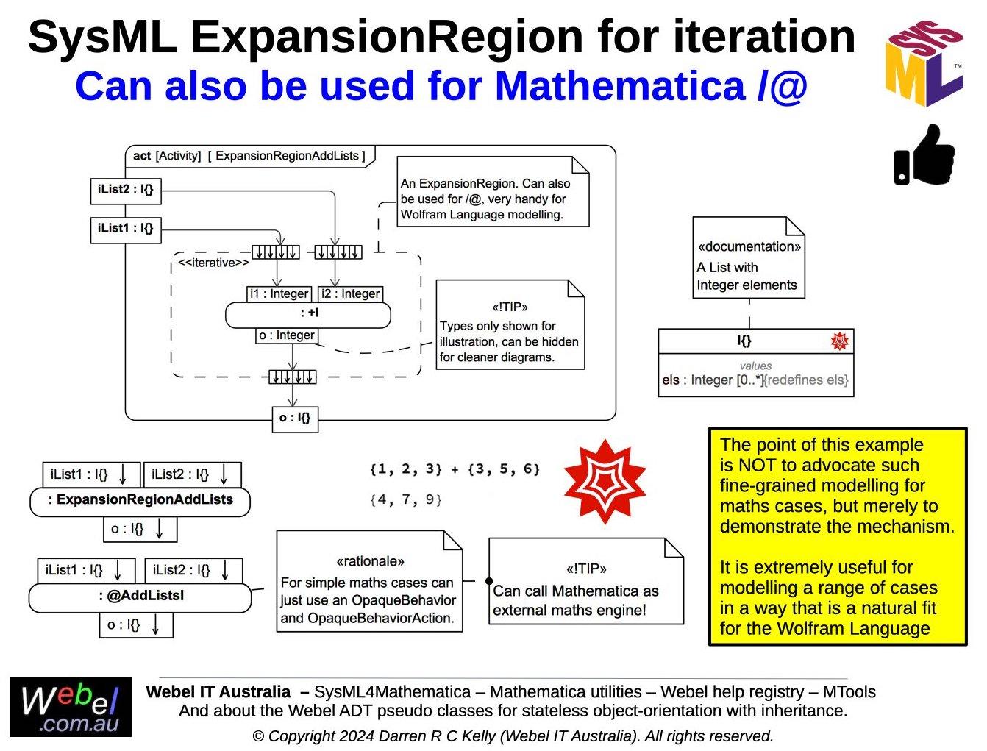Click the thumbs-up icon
click(x=924, y=155)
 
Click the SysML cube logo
click(x=924, y=63)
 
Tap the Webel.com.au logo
click(x=71, y=707)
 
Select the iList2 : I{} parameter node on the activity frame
click(x=126, y=190)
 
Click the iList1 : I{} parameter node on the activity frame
click(x=126, y=229)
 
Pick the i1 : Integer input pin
click(x=279, y=294)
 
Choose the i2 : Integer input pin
click(x=351, y=294)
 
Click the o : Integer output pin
click(x=287, y=336)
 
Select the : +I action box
click(x=308, y=315)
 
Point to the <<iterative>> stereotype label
click(x=213, y=263)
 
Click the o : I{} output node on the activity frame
click(x=295, y=419)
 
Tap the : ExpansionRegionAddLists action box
click(x=140, y=501)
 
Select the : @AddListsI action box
click(x=140, y=597)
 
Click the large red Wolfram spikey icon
click(x=605, y=482)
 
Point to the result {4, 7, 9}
click(x=405, y=500)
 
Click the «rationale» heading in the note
click(x=370, y=561)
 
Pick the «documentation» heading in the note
click(x=749, y=246)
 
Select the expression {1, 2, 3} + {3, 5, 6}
click(x=455, y=469)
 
